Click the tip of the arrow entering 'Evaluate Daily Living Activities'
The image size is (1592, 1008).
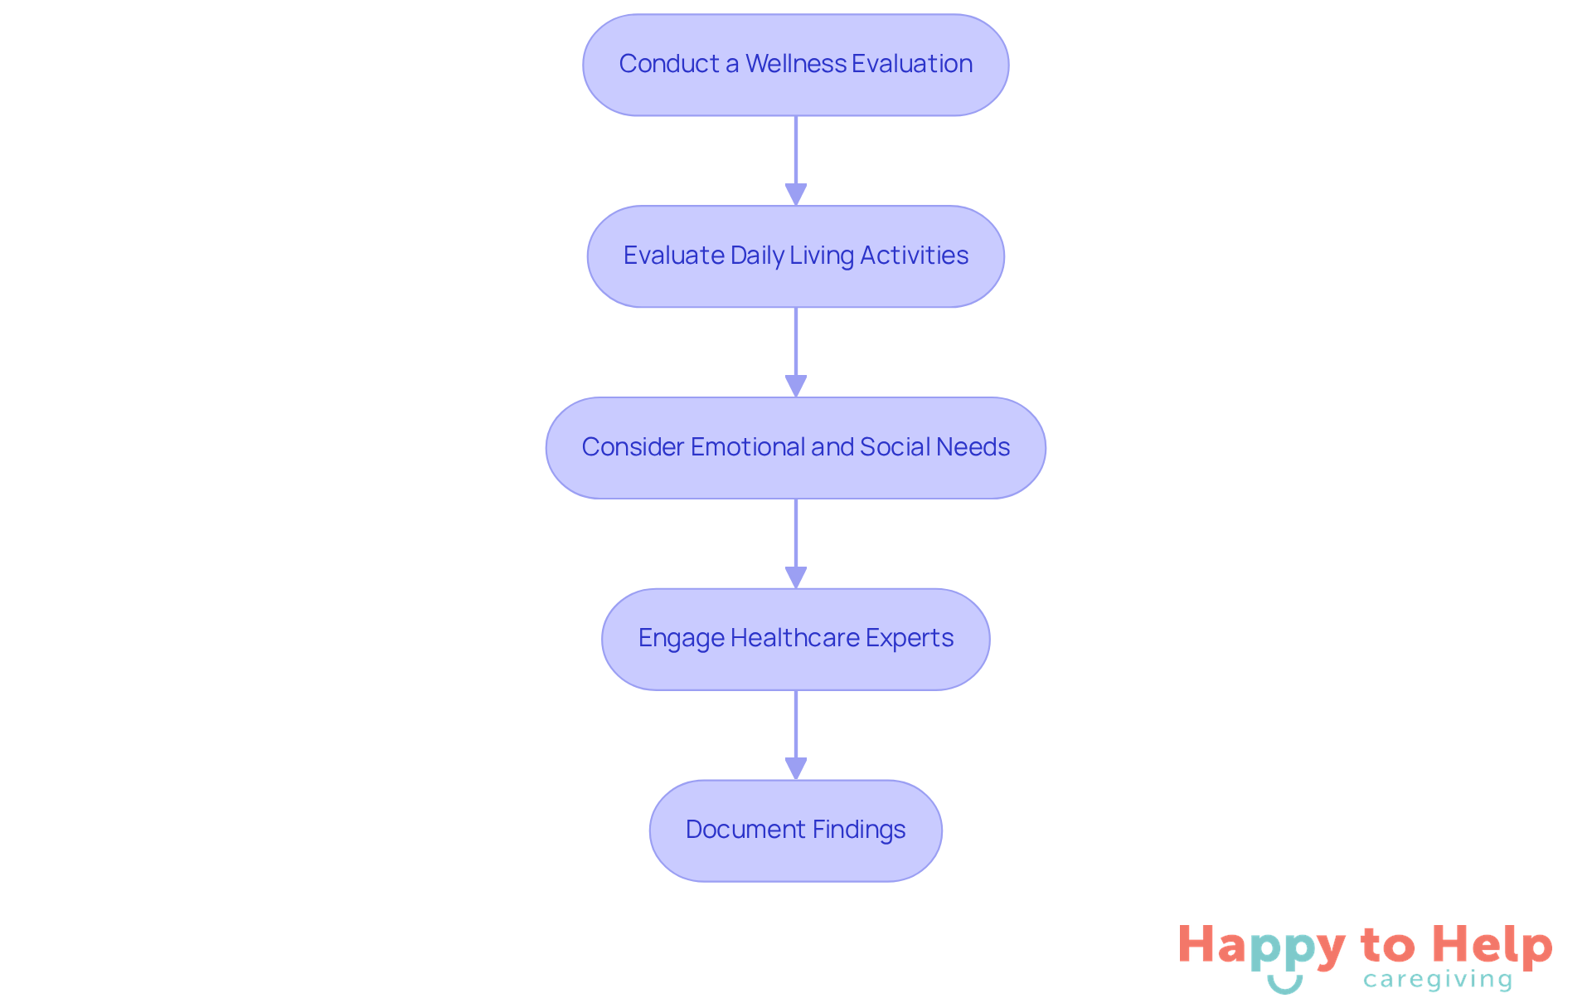796,205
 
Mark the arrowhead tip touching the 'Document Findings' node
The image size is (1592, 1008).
796,780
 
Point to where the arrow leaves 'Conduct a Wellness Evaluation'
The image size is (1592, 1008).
796,116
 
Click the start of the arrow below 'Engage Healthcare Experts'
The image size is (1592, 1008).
796,690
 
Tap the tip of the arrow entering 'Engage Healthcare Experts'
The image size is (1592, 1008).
796,588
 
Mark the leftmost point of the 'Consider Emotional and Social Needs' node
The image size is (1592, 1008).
546,448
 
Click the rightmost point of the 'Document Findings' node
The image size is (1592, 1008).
942,830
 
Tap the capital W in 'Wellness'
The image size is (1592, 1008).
757,64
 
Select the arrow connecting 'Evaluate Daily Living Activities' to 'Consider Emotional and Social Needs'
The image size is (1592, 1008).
796,352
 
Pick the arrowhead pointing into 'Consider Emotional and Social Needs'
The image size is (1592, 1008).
796,387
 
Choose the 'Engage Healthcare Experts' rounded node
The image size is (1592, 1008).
796,640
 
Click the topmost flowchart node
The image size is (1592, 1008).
796,65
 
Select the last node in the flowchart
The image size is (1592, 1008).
796,830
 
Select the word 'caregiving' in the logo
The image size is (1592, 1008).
1438,980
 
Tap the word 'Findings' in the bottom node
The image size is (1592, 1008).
859,830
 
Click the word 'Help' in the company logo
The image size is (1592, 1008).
1492,945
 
